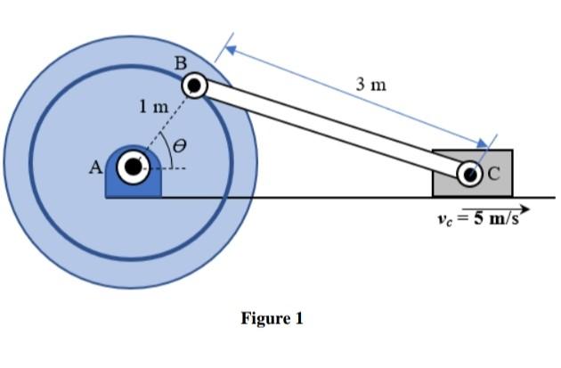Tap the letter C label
493,173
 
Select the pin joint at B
195,86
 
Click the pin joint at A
134,166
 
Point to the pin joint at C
471,173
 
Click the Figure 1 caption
272,318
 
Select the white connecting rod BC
329,128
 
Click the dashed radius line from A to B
165,125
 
